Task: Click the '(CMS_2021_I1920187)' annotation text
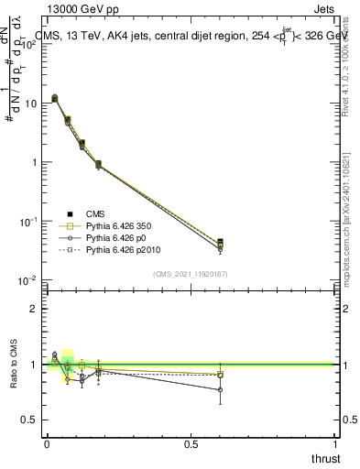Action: pos(191,273)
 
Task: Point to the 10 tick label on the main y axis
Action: pos(31,104)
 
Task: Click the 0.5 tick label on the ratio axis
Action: pos(30,420)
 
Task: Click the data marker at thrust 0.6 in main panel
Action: pos(220,242)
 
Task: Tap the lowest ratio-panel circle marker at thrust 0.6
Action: pos(220,389)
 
